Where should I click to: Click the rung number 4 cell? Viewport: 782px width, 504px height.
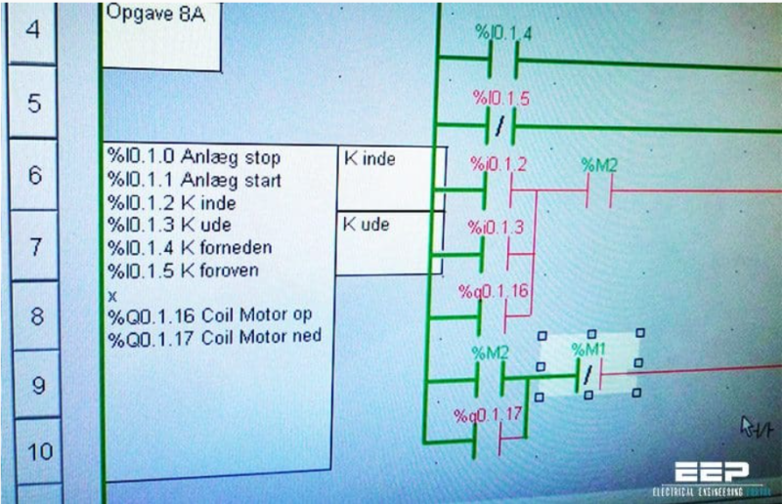(x=32, y=31)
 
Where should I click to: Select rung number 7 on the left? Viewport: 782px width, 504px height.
(x=35, y=247)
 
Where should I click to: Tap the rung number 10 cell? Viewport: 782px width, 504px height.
(x=39, y=451)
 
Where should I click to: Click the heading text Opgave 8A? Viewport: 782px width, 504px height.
(x=155, y=13)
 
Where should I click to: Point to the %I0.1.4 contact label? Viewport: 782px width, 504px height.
(x=503, y=33)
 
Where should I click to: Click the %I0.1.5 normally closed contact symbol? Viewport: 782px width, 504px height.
(x=500, y=126)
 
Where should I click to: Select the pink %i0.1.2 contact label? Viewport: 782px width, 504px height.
(x=499, y=164)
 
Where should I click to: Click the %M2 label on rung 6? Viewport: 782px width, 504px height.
(x=599, y=165)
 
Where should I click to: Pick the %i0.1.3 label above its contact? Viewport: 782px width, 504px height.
(x=496, y=228)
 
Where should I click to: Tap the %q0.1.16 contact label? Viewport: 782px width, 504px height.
(x=494, y=291)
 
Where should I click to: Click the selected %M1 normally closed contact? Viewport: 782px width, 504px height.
(x=589, y=375)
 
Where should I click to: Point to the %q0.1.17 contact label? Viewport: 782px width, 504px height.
(x=488, y=415)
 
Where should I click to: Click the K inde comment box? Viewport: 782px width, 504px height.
(x=391, y=178)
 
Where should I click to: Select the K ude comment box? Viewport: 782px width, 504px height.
(x=389, y=243)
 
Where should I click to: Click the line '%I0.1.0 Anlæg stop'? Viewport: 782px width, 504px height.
(x=194, y=157)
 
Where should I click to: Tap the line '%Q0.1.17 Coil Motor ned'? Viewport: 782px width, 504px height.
(x=214, y=338)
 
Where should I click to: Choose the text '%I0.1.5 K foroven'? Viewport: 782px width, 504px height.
(x=183, y=271)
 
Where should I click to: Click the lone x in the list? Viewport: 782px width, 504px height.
(x=112, y=296)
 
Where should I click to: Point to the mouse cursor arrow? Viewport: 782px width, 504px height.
(x=747, y=426)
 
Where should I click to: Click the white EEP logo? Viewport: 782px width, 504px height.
(x=712, y=472)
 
